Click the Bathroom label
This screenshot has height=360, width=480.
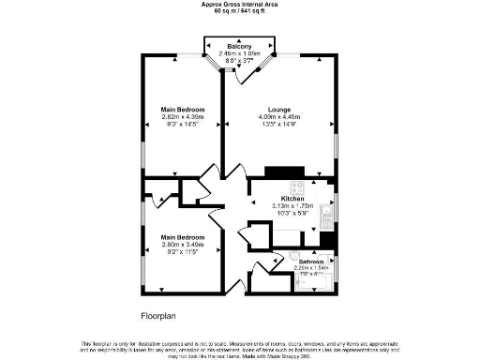tap(312, 262)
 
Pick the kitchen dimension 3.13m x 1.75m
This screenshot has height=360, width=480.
tap(290, 205)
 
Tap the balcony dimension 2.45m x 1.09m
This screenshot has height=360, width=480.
tap(241, 53)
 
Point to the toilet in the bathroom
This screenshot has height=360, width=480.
tap(293, 255)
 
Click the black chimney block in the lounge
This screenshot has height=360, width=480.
tap(279, 172)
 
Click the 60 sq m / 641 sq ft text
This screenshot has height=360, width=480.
tap(240, 11)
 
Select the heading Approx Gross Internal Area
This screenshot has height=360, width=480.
tap(240, 4)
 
